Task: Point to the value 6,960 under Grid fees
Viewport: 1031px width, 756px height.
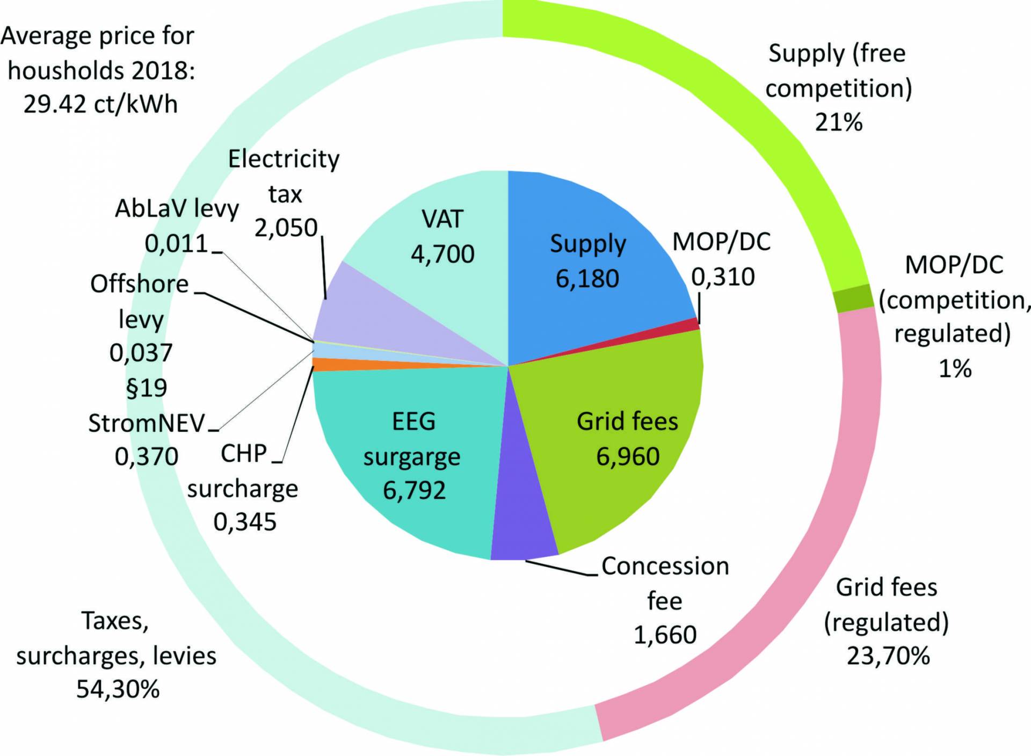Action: (628, 456)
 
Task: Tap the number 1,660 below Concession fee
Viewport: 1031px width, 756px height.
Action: (665, 635)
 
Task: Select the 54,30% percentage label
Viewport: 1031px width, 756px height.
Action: (118, 689)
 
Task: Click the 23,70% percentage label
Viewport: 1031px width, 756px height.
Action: (888, 656)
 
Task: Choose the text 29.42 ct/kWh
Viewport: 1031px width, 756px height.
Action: (100, 104)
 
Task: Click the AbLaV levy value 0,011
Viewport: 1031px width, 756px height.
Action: (176, 244)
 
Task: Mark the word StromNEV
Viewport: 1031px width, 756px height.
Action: (146, 423)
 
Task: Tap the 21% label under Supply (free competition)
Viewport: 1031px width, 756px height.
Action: (838, 122)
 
